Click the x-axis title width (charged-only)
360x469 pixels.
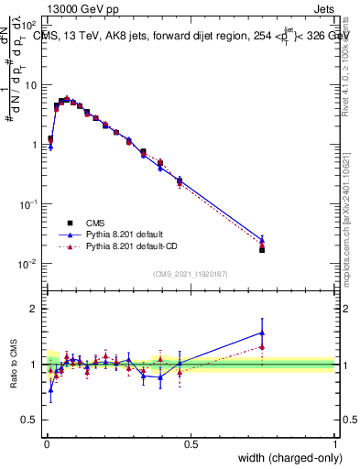(x=284, y=458)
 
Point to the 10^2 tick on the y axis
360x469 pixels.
(x=29, y=27)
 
